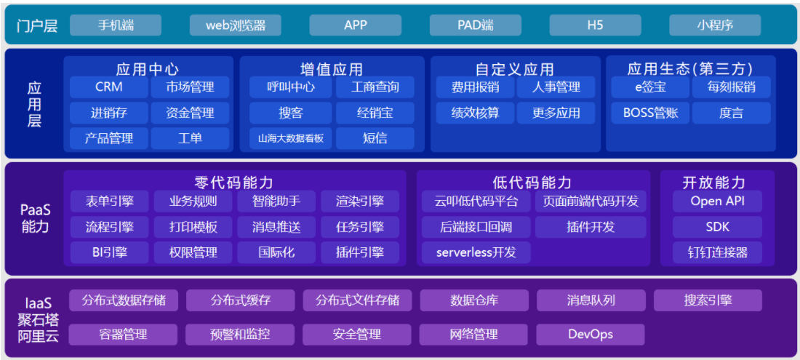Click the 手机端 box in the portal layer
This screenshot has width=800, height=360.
[x=116, y=25]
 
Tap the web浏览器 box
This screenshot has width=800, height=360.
[x=235, y=25]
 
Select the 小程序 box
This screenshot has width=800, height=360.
[x=715, y=25]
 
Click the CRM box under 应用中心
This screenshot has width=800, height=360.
[x=108, y=87]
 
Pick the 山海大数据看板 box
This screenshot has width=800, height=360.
[x=291, y=138]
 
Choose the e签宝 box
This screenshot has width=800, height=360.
[x=650, y=87]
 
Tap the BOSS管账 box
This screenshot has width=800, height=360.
[x=650, y=113]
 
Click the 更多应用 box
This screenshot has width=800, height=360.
[x=556, y=113]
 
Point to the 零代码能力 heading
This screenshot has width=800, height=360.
[x=234, y=182]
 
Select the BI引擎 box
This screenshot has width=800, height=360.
[x=110, y=252]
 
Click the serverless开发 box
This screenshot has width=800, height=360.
[x=476, y=252]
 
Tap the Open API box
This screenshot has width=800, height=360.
[x=717, y=201]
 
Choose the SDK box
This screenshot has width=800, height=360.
[x=717, y=227]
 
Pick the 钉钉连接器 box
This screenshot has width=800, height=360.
[x=717, y=252]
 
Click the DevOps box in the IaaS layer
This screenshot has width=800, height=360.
[x=591, y=335]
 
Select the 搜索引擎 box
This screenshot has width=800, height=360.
[x=708, y=300]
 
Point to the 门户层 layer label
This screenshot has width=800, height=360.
[x=37, y=25]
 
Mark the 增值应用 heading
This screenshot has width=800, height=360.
[x=332, y=69]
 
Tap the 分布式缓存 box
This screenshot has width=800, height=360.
[x=240, y=300]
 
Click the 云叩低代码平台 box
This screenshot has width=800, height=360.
[x=476, y=201]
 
